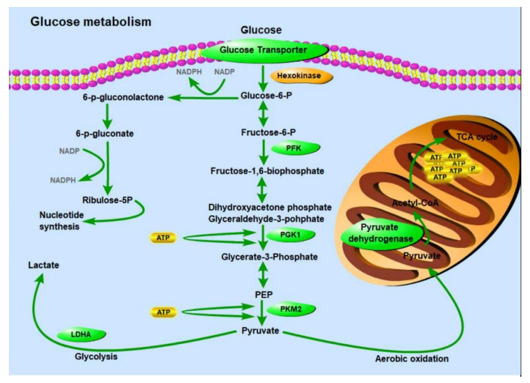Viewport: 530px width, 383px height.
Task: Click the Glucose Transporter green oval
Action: [264, 50]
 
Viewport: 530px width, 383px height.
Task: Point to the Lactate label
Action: [44, 266]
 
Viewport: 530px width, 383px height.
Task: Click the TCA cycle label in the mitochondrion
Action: [477, 136]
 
